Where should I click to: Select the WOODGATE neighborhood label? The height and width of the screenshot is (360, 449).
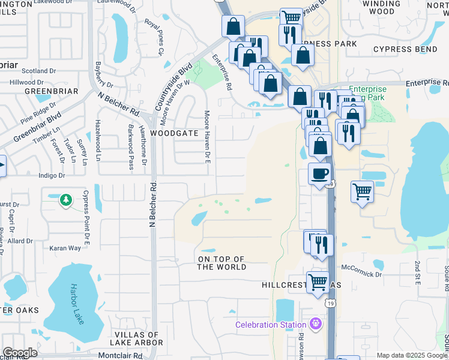tap(174, 133)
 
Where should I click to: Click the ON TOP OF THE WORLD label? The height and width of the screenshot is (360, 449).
tap(222, 263)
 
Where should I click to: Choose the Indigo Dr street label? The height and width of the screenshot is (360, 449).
tap(51, 176)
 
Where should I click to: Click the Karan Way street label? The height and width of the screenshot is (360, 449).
tap(65, 248)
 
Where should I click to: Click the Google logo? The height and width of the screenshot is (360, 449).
tap(20, 353)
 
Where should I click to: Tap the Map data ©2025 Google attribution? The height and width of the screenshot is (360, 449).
tap(412, 355)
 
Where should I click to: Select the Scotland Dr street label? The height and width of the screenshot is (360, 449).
tap(20, 70)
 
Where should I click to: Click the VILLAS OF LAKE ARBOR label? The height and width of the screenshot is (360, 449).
tap(139, 338)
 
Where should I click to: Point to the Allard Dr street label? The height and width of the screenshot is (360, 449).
tap(20, 241)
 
